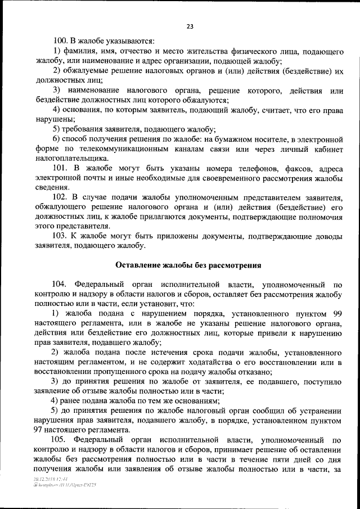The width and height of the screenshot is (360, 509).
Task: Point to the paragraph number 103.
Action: point(60,236)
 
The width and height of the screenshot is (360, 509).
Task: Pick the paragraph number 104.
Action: point(60,285)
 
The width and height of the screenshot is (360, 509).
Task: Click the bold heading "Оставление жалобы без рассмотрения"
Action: point(189,265)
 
